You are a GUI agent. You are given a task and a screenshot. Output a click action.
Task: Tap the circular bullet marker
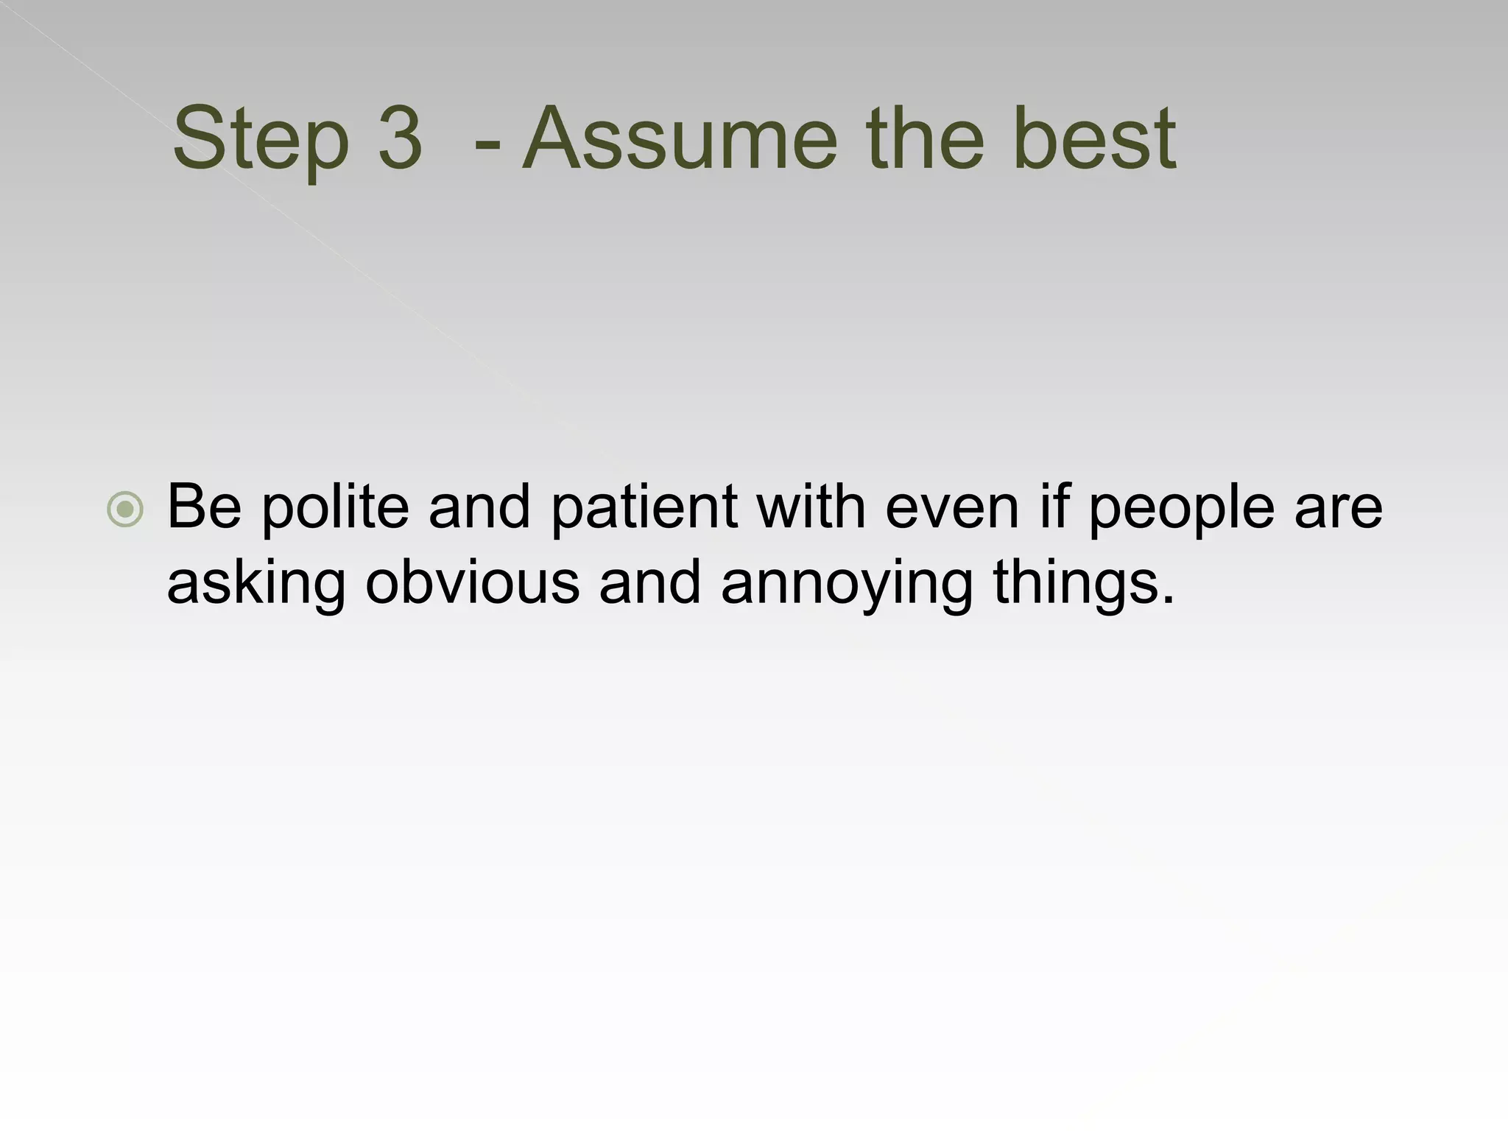pyautogui.click(x=125, y=509)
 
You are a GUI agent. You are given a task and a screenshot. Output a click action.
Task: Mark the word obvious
pyautogui.click(x=472, y=582)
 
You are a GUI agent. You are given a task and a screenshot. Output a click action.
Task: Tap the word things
pyautogui.click(x=1083, y=584)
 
